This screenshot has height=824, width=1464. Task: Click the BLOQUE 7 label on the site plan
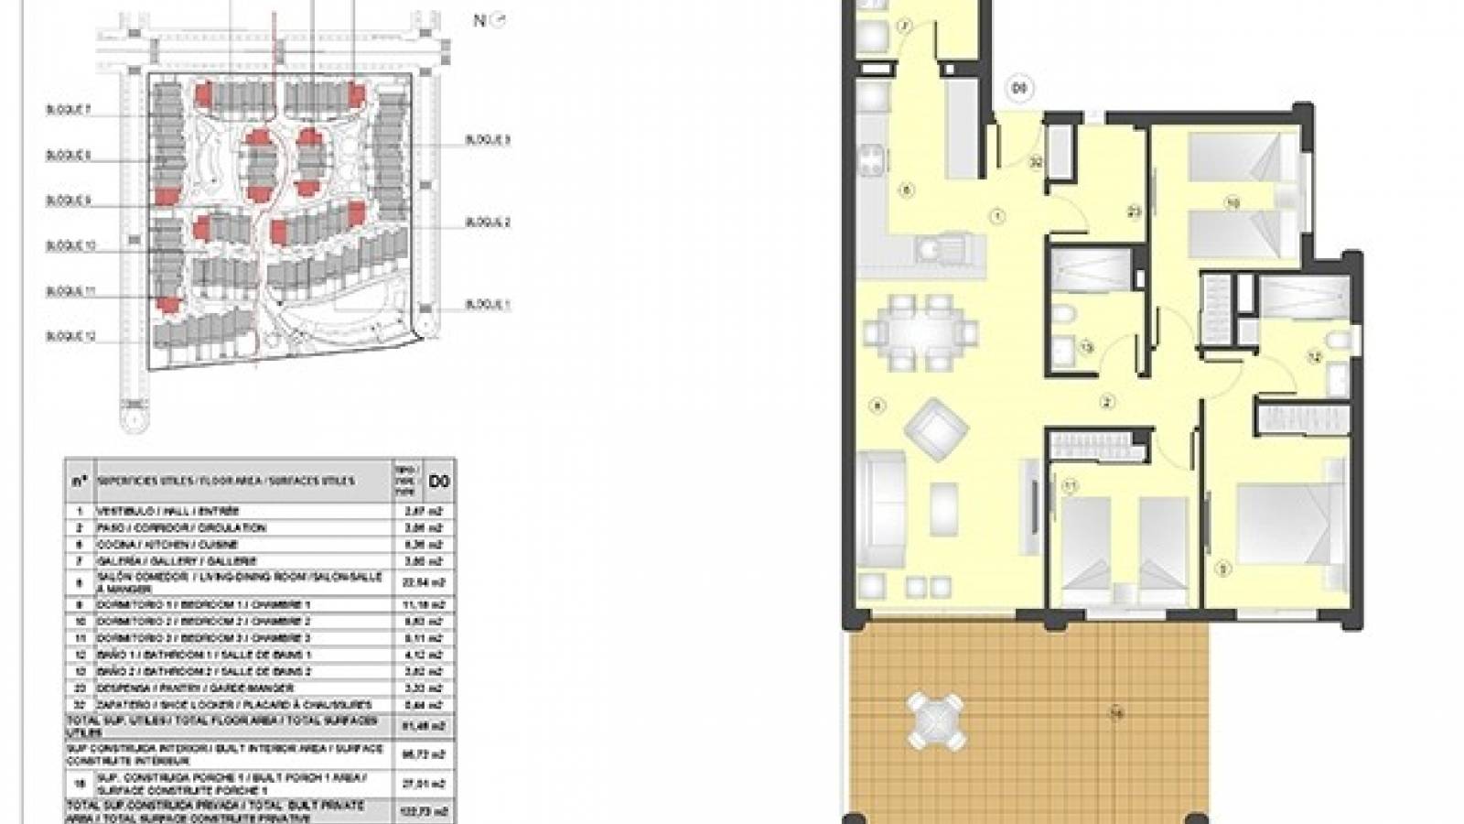point(69,110)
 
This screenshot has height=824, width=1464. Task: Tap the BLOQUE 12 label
point(70,337)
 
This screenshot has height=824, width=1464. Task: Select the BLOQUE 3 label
point(488,140)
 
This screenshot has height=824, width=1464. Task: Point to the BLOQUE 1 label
point(488,305)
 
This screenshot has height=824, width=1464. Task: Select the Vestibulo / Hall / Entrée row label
point(168,511)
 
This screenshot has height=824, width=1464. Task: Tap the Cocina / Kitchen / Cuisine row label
point(167,545)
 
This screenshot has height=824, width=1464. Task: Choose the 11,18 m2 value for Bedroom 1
point(426,605)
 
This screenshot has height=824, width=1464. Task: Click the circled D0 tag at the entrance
point(1019,89)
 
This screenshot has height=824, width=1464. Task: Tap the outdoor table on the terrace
point(935,720)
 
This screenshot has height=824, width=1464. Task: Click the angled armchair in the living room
point(935,427)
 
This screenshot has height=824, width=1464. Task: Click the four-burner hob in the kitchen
point(873,163)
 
